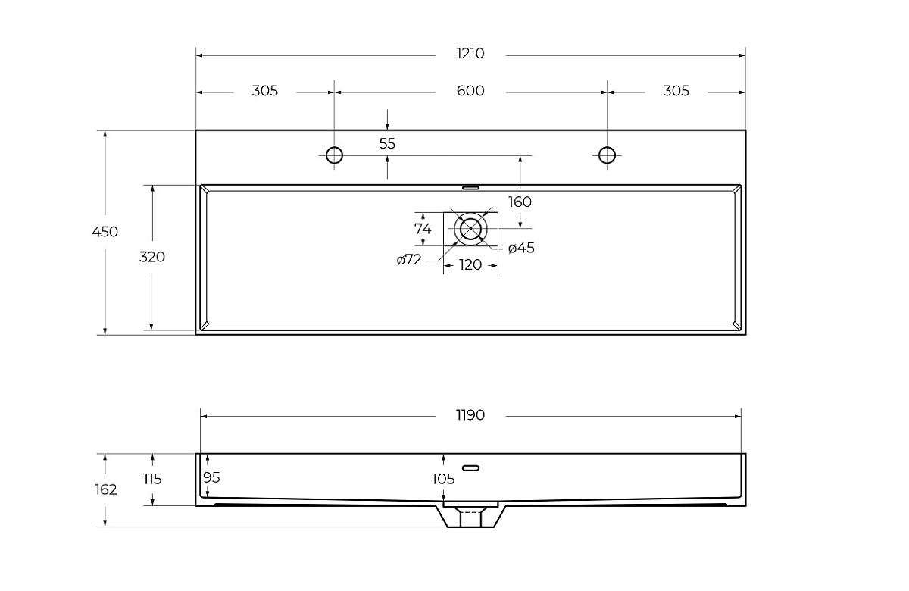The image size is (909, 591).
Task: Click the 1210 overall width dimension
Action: (470, 54)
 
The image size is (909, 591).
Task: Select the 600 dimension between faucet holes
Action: (470, 90)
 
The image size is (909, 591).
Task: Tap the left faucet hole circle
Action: (334, 155)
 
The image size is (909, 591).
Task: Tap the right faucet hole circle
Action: (607, 155)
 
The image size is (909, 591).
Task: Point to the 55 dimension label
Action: (387, 143)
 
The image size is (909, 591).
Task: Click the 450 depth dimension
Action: (105, 232)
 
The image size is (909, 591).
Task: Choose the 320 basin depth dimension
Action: (152, 257)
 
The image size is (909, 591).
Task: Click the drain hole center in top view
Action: (470, 229)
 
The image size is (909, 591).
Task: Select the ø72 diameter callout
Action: (409, 259)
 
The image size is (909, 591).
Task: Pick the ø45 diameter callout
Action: (521, 248)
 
